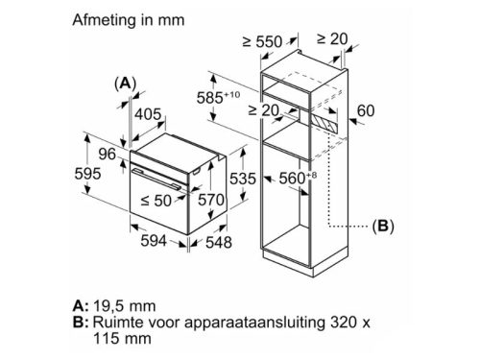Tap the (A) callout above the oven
pyautogui.click(x=125, y=84)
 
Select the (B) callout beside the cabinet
pyautogui.click(x=382, y=228)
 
